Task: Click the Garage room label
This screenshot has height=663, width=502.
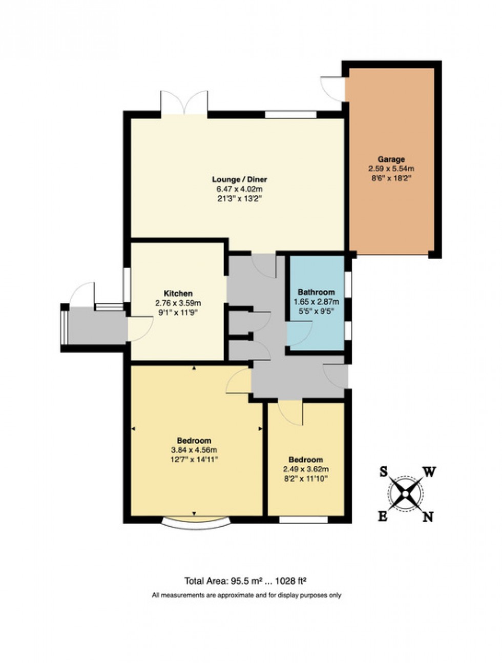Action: (391, 159)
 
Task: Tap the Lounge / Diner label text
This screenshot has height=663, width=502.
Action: (239, 179)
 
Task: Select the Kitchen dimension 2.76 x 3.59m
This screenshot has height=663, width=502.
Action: (178, 302)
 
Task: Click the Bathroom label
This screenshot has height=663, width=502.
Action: (316, 292)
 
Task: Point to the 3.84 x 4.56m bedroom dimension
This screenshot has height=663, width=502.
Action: (194, 450)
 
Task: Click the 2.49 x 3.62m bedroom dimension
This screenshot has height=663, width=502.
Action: (305, 469)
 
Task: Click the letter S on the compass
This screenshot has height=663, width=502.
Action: (383, 472)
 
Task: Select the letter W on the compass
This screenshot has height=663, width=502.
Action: (429, 471)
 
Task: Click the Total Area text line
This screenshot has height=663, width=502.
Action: (245, 581)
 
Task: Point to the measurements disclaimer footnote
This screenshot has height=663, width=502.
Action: (246, 595)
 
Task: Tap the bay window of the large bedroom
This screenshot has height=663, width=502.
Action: (195, 522)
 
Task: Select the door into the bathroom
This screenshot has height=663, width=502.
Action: (300, 333)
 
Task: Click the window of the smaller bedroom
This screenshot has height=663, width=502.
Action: (303, 520)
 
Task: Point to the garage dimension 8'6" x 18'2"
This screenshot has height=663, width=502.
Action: (391, 177)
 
